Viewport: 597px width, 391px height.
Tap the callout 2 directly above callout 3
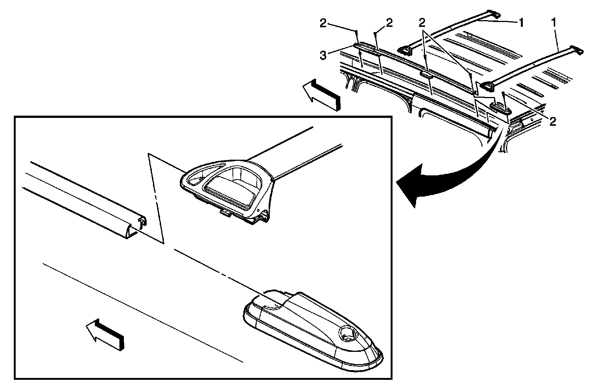coord(323,23)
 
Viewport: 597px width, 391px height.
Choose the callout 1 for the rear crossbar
coord(554,23)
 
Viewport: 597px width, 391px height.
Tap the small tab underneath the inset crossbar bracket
coord(226,213)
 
